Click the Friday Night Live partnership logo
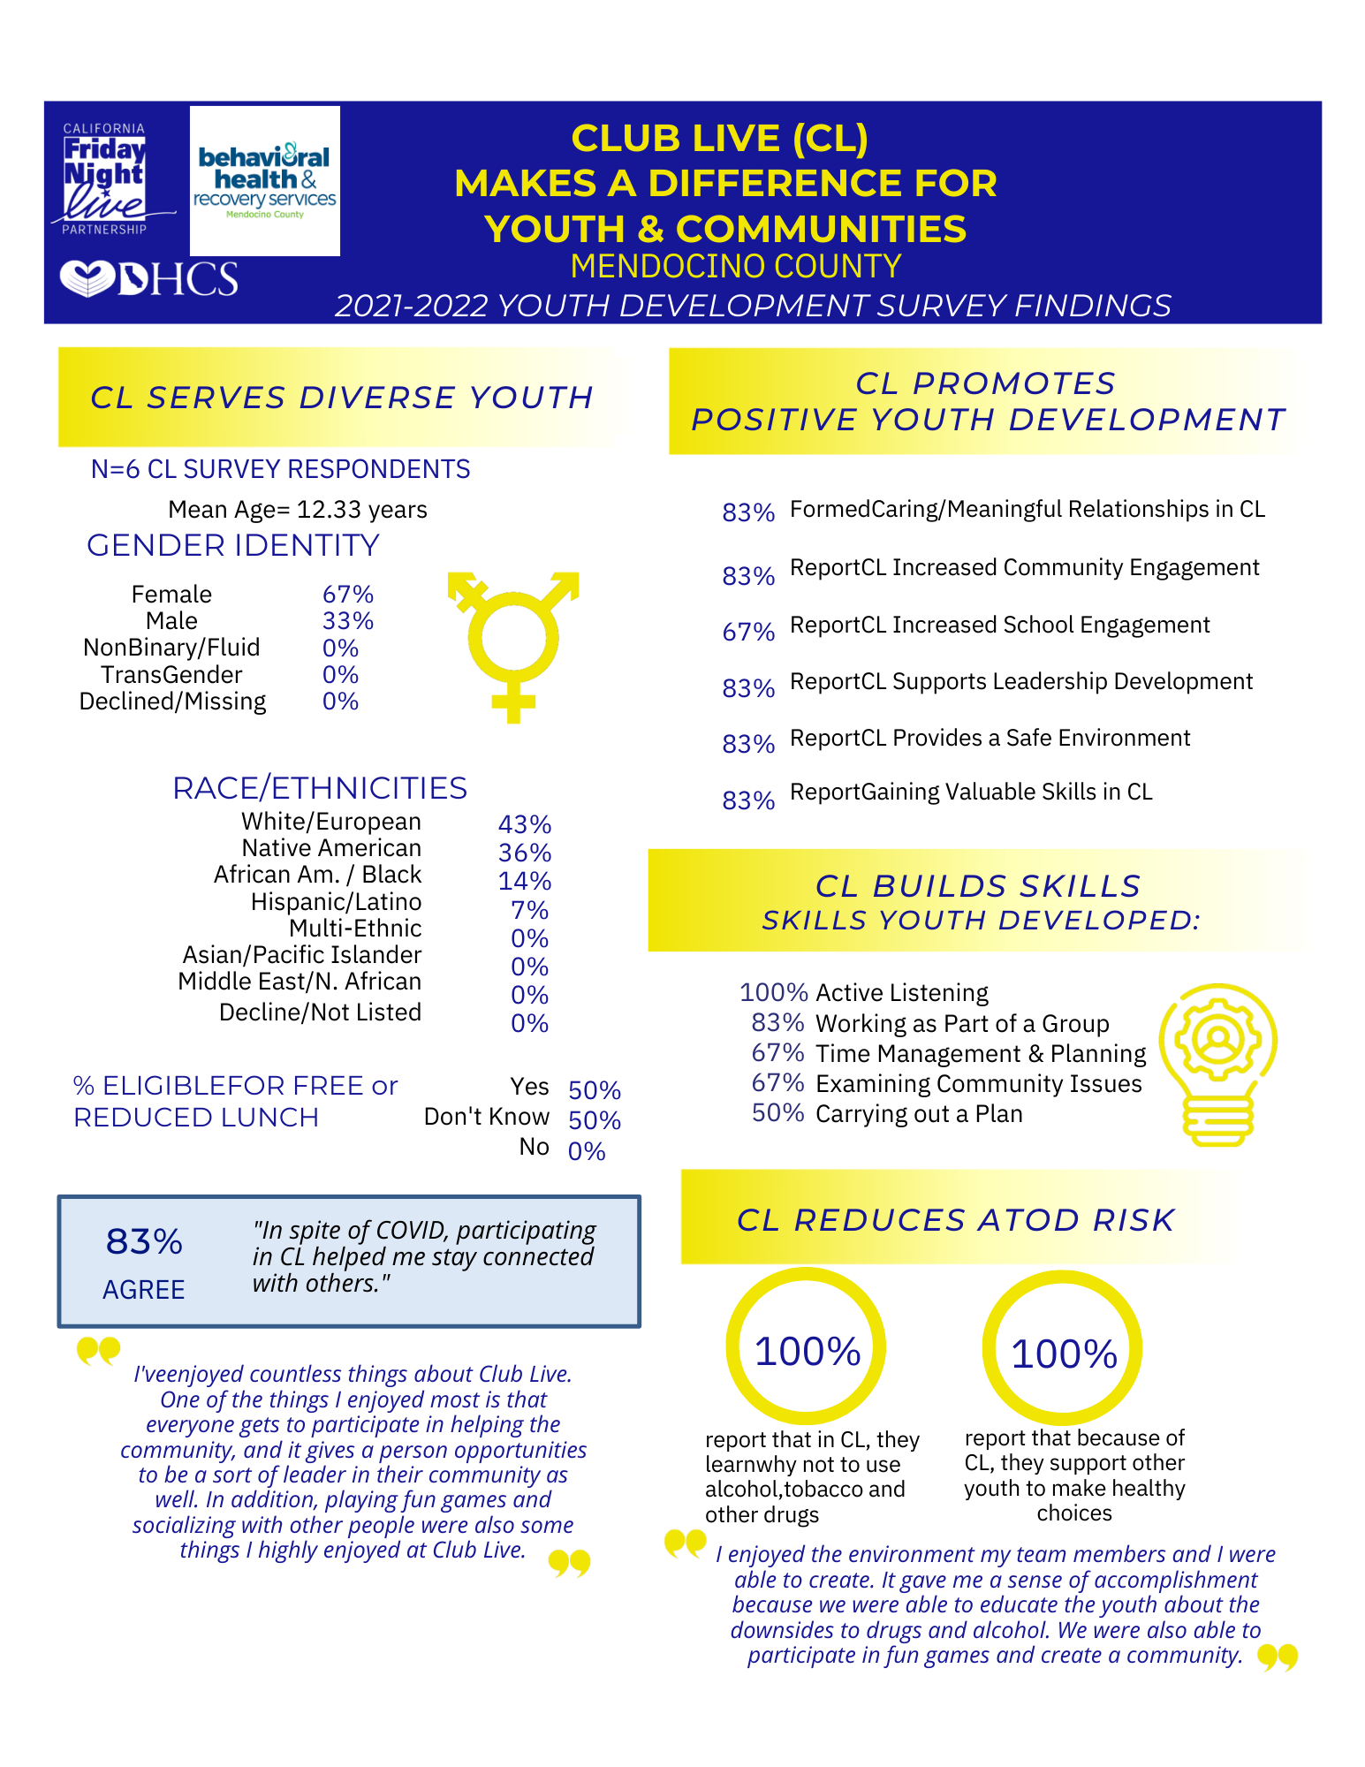[106, 179]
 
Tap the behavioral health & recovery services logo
[265, 181]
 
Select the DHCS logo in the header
[148, 279]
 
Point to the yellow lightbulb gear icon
[1217, 1065]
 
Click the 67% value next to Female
[348, 594]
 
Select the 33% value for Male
[348, 620]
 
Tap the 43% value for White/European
[525, 824]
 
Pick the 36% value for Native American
[525, 853]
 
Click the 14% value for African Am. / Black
[525, 881]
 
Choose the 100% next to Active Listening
[774, 992]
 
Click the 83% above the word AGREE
[144, 1241]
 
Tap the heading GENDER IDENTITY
[233, 545]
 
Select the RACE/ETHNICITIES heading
[320, 787]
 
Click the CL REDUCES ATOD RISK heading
[956, 1220]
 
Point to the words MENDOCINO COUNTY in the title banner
[736, 266]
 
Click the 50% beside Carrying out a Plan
[777, 1112]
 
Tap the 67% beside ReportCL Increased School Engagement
[748, 632]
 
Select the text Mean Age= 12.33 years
[298, 510]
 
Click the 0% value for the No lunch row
[587, 1151]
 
